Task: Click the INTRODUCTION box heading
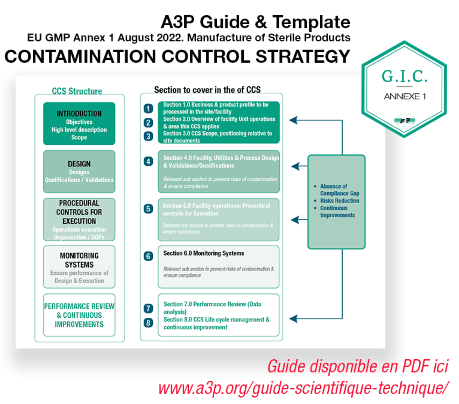coord(79,113)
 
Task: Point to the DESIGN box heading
coord(79,163)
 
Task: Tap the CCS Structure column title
coord(77,91)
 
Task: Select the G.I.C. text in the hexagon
coord(404,76)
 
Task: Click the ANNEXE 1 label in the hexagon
coord(404,96)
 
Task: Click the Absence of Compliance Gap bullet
coord(337,190)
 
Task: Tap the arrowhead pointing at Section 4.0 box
coord(294,166)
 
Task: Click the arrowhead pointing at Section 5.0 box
coord(294,219)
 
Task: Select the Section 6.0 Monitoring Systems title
coord(203,253)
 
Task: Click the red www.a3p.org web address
coord(303,387)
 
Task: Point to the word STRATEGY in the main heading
coord(303,56)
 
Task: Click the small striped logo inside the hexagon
coord(404,120)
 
